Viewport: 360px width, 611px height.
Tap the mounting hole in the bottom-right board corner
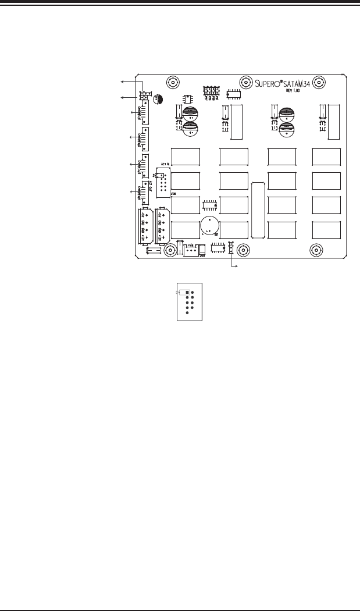316,250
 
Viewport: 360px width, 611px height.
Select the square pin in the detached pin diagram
187,292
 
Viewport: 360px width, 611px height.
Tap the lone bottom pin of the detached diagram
187,312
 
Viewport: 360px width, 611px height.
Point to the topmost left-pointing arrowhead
122,81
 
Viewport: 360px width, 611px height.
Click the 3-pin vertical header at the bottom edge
231,249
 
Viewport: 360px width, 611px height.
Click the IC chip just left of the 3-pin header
218,249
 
